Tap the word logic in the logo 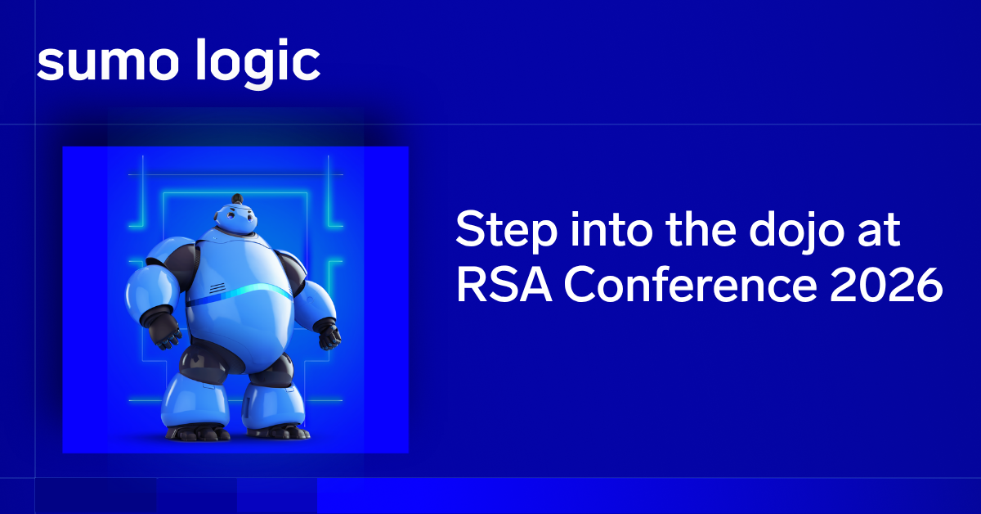(x=258, y=64)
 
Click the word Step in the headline (x=506, y=231)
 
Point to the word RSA (x=504, y=285)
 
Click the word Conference (x=690, y=285)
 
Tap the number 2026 (x=886, y=285)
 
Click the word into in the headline (x=611, y=230)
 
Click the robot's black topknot (x=237, y=199)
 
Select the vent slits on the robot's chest (x=217, y=288)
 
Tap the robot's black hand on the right (x=329, y=336)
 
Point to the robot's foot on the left (x=198, y=432)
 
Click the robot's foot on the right (x=279, y=431)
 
